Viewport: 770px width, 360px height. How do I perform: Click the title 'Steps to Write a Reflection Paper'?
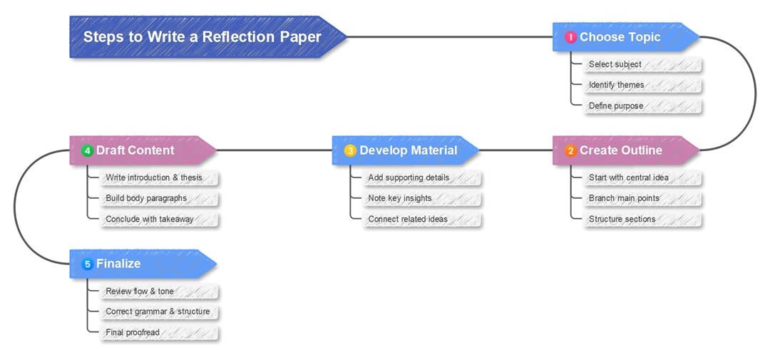(x=202, y=37)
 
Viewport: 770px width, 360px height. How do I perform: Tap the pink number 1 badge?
(x=570, y=38)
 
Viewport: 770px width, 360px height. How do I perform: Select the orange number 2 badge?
(x=570, y=150)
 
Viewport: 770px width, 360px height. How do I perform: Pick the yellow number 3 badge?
(x=350, y=150)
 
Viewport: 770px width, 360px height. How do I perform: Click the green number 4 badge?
(x=87, y=150)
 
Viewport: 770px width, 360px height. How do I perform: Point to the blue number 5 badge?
(x=87, y=264)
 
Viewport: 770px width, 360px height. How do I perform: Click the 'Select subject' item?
(x=615, y=64)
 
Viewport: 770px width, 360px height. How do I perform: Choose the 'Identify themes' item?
(x=616, y=85)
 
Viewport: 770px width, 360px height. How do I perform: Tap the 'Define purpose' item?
(x=615, y=106)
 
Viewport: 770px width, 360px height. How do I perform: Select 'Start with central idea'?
(x=628, y=178)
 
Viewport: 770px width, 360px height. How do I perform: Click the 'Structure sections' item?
(x=622, y=219)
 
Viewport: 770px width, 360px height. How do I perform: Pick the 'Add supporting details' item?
(x=409, y=178)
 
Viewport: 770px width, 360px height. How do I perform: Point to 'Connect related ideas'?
(x=407, y=219)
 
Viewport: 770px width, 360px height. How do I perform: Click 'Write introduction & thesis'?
(x=153, y=178)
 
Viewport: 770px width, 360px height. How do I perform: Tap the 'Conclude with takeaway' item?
(x=149, y=219)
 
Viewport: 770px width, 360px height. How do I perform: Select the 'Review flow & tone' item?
(x=139, y=291)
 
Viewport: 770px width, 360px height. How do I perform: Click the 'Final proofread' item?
(x=132, y=332)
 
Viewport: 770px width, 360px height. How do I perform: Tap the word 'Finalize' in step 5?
(x=118, y=264)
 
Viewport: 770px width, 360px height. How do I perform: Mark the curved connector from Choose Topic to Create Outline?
(x=755, y=93)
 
